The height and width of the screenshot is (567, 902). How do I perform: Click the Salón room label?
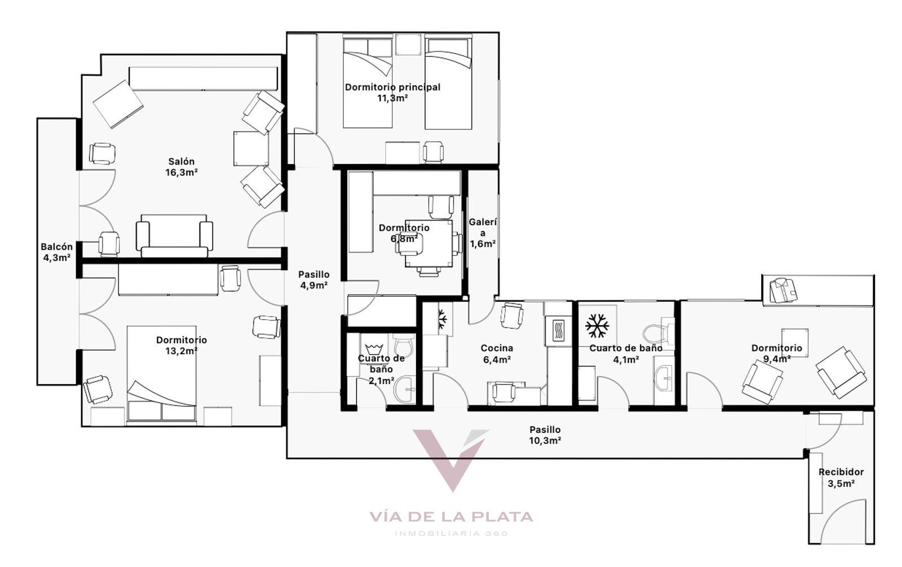(181, 161)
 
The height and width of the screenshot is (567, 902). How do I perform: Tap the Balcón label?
(57, 247)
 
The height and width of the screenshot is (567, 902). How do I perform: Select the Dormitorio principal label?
(392, 87)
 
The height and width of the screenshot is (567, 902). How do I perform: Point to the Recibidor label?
(841, 472)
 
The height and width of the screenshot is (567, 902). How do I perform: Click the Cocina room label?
(497, 348)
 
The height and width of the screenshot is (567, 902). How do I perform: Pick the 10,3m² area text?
(545, 440)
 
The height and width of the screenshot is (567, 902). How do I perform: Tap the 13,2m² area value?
(181, 351)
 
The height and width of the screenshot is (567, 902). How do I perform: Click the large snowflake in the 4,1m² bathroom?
(597, 325)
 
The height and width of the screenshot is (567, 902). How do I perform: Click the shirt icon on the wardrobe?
(783, 291)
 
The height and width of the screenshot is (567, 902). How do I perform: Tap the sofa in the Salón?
(174, 236)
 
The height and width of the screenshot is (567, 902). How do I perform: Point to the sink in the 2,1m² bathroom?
(405, 390)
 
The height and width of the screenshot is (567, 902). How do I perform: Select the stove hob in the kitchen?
(558, 331)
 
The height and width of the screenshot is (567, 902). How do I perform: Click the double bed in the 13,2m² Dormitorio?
(161, 373)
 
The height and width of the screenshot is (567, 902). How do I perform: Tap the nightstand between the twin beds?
(408, 44)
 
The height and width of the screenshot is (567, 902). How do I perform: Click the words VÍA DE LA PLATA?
(452, 517)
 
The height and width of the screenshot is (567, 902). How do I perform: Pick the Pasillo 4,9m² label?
(313, 280)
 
